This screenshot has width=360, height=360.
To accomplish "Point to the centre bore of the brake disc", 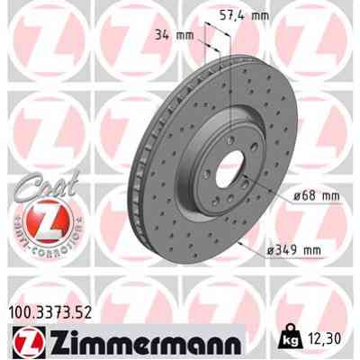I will pos(224,169).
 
